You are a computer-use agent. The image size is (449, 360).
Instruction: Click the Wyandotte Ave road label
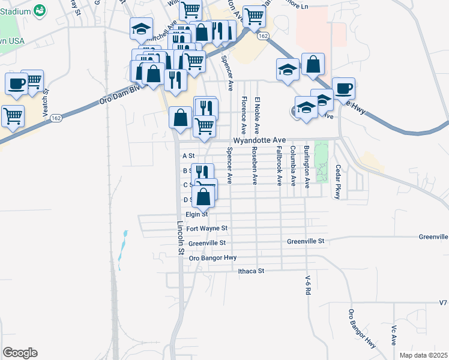pyautogui.click(x=259, y=140)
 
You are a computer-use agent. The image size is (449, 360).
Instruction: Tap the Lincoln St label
pyautogui.click(x=179, y=238)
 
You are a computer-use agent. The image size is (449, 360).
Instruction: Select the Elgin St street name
pyautogui.click(x=196, y=214)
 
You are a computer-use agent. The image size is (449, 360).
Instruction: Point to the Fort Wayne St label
pyautogui.click(x=207, y=229)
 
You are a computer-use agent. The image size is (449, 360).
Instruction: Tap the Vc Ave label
pyautogui.click(x=394, y=335)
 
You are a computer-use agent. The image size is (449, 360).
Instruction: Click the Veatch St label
pyautogui.click(x=45, y=97)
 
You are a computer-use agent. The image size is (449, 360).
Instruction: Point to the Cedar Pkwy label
pyautogui.click(x=338, y=174)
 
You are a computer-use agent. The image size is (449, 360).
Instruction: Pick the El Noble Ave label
pyautogui.click(x=258, y=115)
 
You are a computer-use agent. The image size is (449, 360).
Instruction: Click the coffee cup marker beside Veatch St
pyautogui.click(x=16, y=83)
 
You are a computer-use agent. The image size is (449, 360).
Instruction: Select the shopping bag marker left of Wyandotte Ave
pyautogui.click(x=181, y=118)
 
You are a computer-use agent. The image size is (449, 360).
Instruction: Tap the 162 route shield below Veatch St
pyautogui.click(x=56, y=118)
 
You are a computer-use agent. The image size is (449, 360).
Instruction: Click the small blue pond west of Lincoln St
pyautogui.click(x=122, y=248)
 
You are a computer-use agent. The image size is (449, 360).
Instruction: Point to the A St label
pyautogui.click(x=188, y=156)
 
